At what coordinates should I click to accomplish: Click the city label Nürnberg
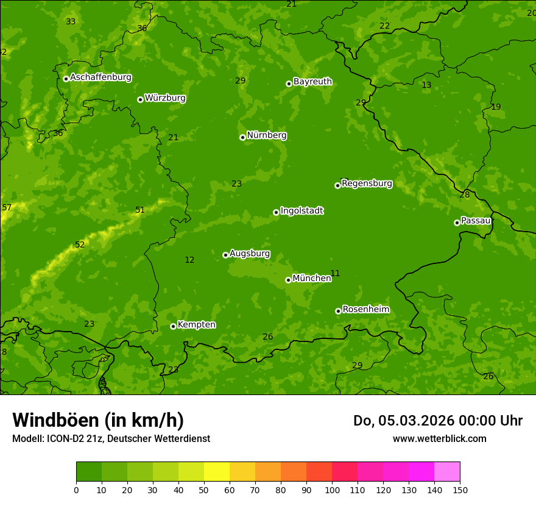pos(266,135)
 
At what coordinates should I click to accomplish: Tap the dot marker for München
pos(288,280)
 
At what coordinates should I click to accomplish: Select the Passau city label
pos(476,221)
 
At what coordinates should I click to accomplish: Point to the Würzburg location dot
pos(140,99)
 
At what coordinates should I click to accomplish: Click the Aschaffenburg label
pos(100,77)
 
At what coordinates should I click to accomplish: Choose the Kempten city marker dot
pos(173,326)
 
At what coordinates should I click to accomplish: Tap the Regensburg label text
pos(367,184)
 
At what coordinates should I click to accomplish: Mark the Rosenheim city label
pos(365,310)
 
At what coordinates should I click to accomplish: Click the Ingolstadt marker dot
pos(276,212)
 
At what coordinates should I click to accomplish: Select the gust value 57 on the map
pos(7,208)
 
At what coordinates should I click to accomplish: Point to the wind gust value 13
pos(426,85)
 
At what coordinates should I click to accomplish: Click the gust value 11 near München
pos(335,274)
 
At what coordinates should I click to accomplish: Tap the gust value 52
pos(80,245)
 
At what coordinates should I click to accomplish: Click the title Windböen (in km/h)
pos(98,420)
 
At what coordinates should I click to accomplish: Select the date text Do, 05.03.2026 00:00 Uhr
pos(437,421)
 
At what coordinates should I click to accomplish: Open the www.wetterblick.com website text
pos(439,439)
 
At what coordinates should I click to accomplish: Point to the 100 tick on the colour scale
pos(332,490)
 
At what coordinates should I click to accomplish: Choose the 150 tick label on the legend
pos(460,490)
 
